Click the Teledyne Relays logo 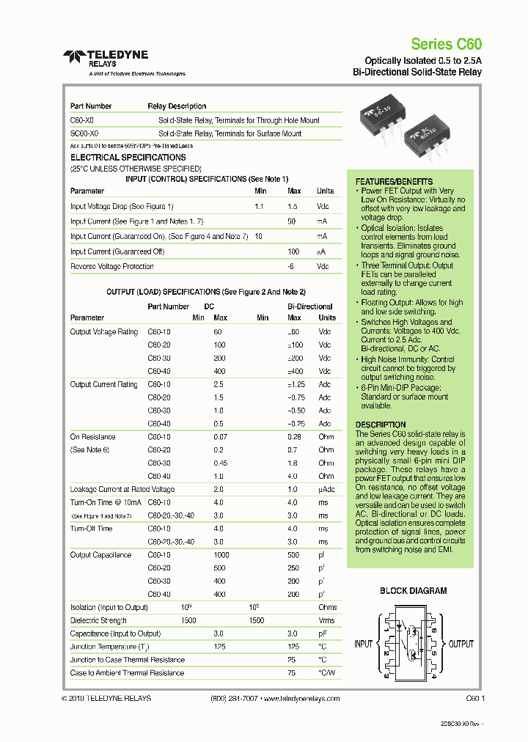pyautogui.click(x=106, y=58)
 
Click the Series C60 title pyautogui.click(x=446, y=44)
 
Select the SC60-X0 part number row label pyautogui.click(x=84, y=134)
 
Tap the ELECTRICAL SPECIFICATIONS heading pyautogui.click(x=128, y=158)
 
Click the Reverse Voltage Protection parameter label pyautogui.click(x=112, y=267)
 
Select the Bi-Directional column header pyautogui.click(x=309, y=306)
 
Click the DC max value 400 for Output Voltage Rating pyautogui.click(x=220, y=371)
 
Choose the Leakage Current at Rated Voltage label pyautogui.click(x=122, y=489)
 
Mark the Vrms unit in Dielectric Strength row pyautogui.click(x=327, y=620)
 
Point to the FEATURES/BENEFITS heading pyautogui.click(x=394, y=182)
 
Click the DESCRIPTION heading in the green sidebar pyautogui.click(x=380, y=425)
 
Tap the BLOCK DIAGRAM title pyautogui.click(x=413, y=590)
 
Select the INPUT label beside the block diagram pyautogui.click(x=364, y=644)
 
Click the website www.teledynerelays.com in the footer pyautogui.click(x=301, y=699)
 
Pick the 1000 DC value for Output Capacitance pyautogui.click(x=220, y=555)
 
